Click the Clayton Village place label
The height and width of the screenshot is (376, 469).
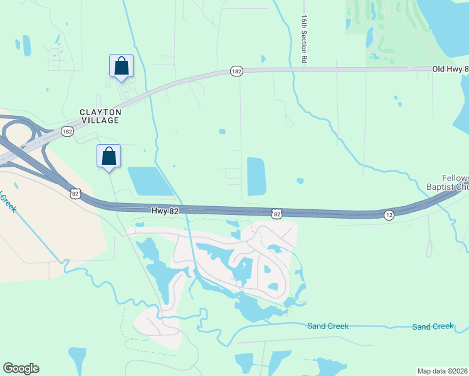pos(99,115)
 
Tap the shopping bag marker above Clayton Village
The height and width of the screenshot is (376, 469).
pos(121,66)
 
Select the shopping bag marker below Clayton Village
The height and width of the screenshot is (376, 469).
pos(108,156)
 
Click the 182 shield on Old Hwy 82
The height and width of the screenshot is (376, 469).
pos(236,71)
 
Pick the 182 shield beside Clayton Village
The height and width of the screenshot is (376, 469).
pos(68,131)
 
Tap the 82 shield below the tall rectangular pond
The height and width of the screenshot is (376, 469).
pos(277,214)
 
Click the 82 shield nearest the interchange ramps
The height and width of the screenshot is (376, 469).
pos(75,194)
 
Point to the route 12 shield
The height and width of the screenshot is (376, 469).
pos(389,215)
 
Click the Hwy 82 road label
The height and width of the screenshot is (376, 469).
pos(166,211)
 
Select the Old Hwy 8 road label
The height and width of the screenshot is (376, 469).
pos(450,68)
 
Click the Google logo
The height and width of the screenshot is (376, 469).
pos(21,368)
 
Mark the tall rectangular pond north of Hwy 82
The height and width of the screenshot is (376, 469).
pos(256,175)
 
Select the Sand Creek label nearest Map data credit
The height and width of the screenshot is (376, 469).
pos(433,326)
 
